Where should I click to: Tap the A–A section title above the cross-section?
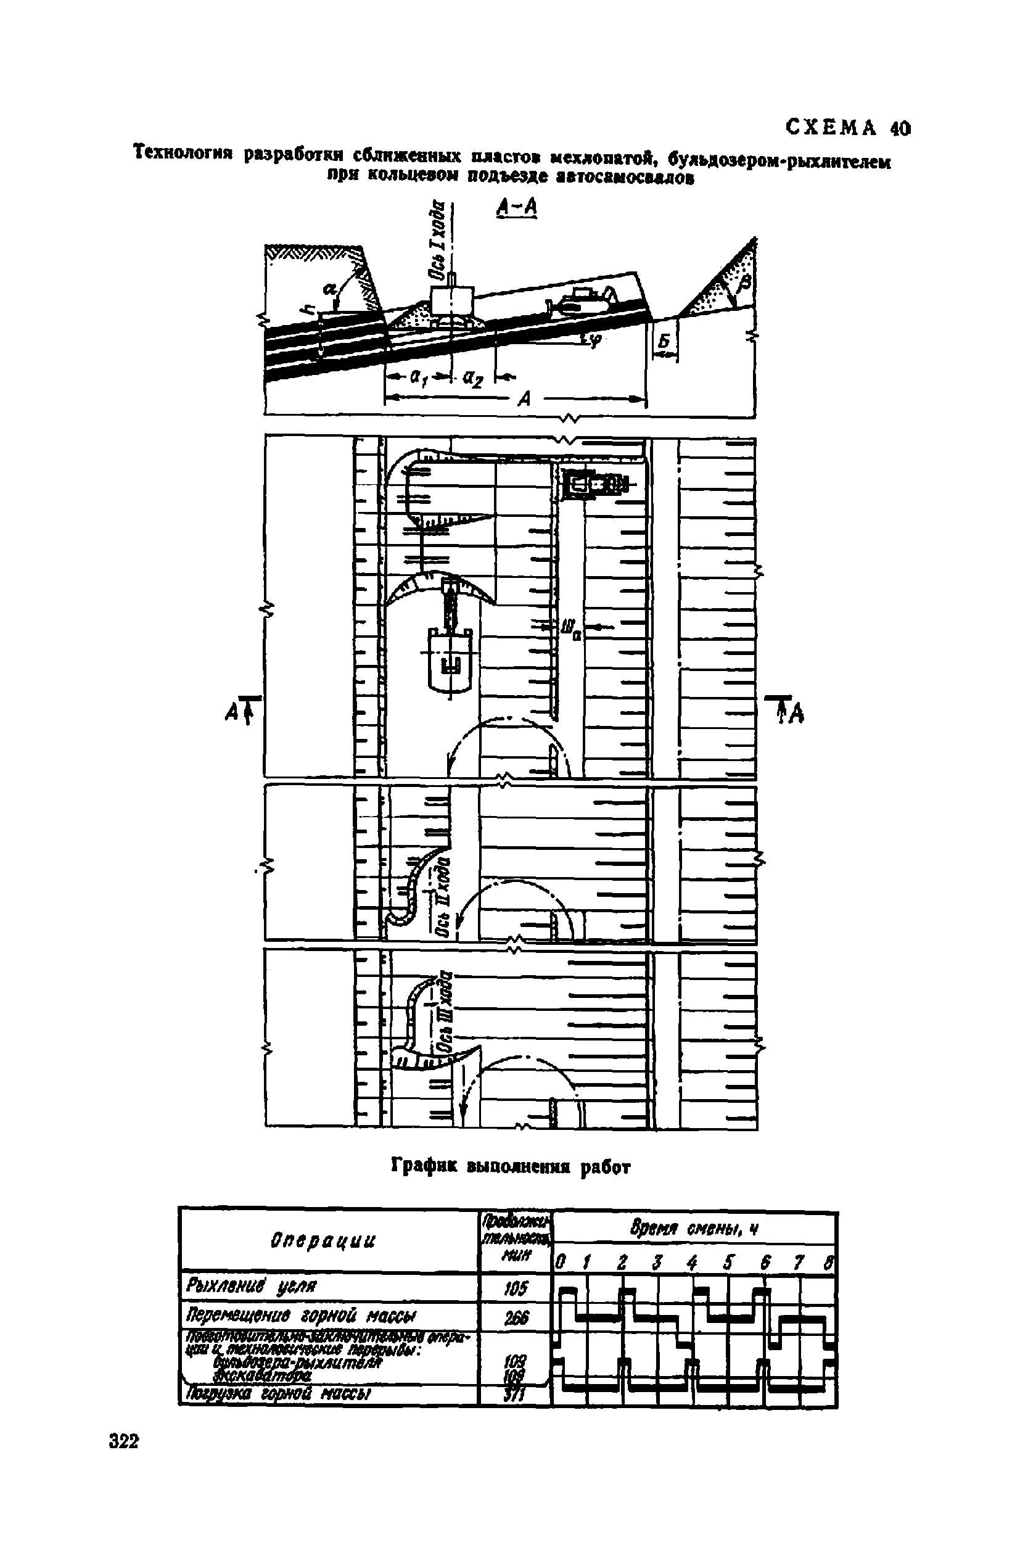[x=517, y=208]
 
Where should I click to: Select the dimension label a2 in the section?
[x=472, y=378]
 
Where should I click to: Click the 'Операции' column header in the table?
[x=323, y=1240]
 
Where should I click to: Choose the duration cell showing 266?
[x=516, y=1317]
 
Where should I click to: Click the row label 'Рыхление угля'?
[x=253, y=1285]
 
